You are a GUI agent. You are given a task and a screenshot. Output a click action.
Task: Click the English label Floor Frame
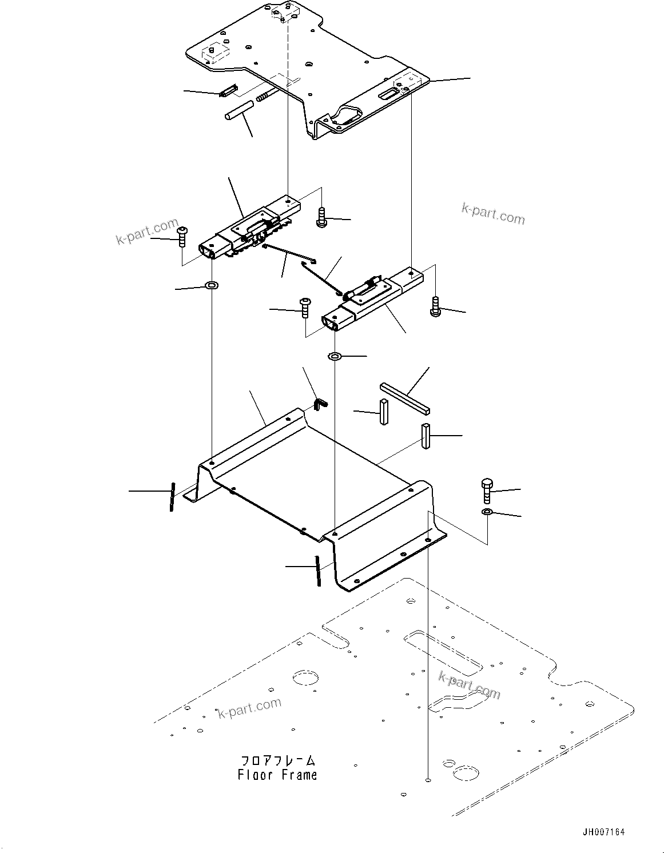277,775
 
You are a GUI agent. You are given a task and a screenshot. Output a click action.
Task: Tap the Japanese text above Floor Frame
277,761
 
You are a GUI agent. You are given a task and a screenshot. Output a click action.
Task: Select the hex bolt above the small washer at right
487,490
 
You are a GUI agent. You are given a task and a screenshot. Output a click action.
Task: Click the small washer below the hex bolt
487,511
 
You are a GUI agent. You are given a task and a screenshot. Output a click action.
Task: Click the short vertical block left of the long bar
383,411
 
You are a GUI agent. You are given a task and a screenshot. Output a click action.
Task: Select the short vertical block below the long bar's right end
426,436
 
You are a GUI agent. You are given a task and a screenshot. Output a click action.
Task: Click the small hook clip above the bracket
321,404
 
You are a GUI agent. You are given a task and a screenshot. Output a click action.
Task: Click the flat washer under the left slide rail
212,284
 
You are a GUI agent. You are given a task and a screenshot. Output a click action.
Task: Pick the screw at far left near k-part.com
182,236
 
